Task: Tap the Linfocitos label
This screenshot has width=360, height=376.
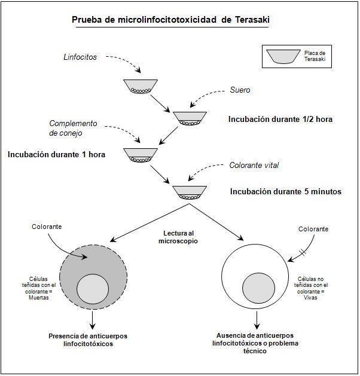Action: coord(80,57)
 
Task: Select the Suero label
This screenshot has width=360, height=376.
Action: coord(240,90)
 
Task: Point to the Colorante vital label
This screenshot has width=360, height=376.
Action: coord(254,166)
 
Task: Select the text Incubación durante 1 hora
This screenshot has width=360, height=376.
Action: coord(57,154)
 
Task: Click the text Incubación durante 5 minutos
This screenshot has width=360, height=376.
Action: coord(286,192)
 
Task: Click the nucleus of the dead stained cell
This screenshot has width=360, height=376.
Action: coord(93,290)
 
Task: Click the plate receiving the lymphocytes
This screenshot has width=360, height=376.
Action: coord(141,86)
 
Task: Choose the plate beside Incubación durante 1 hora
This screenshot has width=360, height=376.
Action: coord(141,155)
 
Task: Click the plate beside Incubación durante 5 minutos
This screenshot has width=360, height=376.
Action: coord(190,192)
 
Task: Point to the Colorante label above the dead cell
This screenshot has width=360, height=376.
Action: coord(47,227)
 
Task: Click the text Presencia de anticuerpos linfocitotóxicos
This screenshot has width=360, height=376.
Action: coord(88,340)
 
